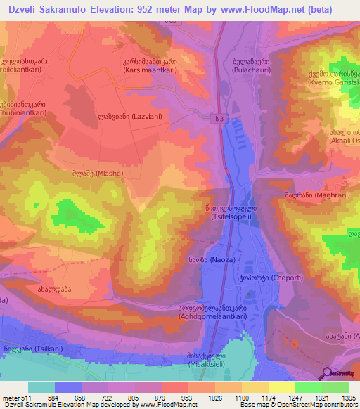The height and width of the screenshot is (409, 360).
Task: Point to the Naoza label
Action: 207,261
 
